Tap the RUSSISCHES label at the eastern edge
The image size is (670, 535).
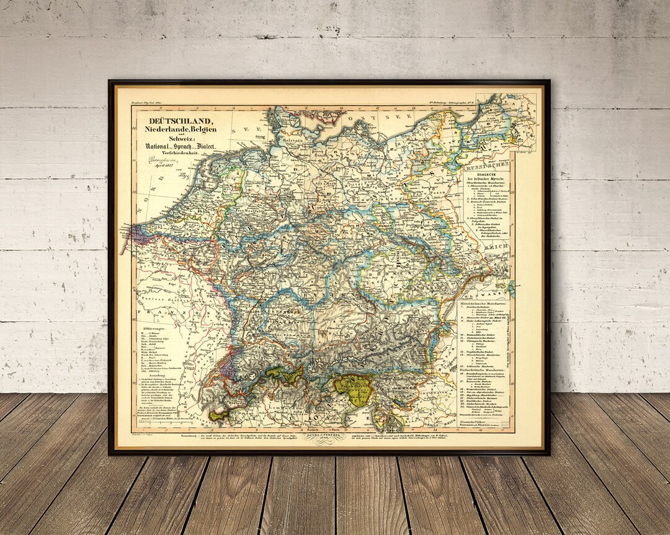(488, 166)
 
